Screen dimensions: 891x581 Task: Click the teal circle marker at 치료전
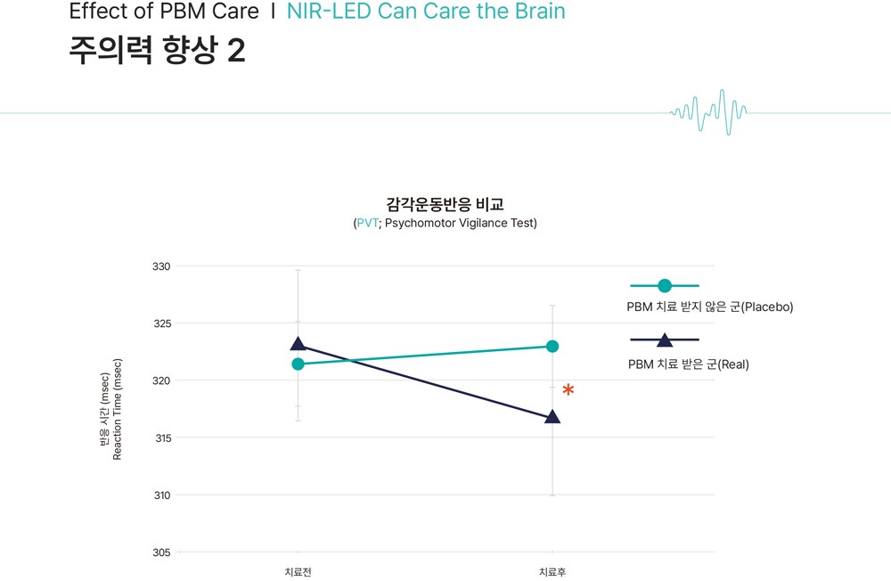pyautogui.click(x=298, y=364)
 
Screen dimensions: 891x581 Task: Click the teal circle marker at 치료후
pyautogui.click(x=552, y=347)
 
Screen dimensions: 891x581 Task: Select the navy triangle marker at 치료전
pyautogui.click(x=298, y=343)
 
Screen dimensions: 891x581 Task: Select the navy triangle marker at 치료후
pyautogui.click(x=552, y=417)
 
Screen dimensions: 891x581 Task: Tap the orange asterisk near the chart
pyautogui.click(x=568, y=390)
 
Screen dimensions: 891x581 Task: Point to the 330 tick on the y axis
pyautogui.click(x=161, y=266)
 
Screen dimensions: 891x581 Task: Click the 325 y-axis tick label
pyautogui.click(x=161, y=323)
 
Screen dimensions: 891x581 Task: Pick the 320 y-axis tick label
pyautogui.click(x=161, y=381)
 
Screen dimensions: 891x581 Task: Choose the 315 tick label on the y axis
pyautogui.click(x=162, y=438)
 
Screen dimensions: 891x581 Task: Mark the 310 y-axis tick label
pyautogui.click(x=162, y=495)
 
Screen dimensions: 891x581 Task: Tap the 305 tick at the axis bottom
pyautogui.click(x=161, y=552)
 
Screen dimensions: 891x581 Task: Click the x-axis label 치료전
pyautogui.click(x=298, y=572)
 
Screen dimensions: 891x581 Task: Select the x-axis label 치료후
pyautogui.click(x=552, y=572)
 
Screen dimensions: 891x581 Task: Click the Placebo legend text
pyautogui.click(x=710, y=307)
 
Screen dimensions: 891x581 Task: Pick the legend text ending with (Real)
pyautogui.click(x=689, y=364)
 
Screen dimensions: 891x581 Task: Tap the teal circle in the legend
pyautogui.click(x=665, y=285)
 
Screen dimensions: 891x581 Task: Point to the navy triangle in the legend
pyautogui.click(x=665, y=340)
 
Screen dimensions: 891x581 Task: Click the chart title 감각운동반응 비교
pyautogui.click(x=445, y=204)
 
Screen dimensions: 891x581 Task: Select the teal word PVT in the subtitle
pyautogui.click(x=368, y=223)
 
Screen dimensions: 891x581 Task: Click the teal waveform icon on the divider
pyautogui.click(x=708, y=112)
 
